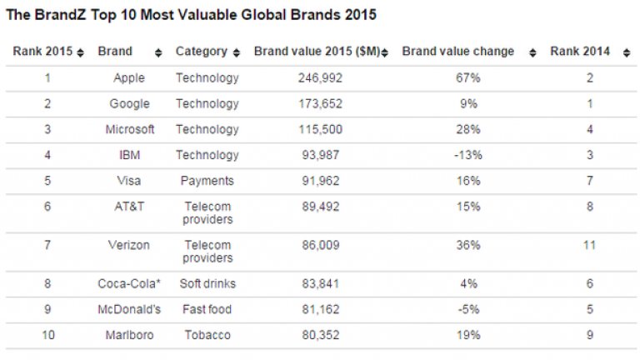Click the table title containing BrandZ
tap(191, 15)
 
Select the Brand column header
tap(115, 52)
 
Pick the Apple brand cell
tap(129, 78)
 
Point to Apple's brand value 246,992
tap(321, 78)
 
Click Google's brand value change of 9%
tap(468, 104)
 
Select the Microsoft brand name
tap(129, 130)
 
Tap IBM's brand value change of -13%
tap(468, 155)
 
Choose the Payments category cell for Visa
tap(207, 181)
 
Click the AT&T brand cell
tap(129, 207)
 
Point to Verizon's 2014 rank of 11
tap(589, 245)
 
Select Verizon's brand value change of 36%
tap(468, 245)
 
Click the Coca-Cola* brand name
tap(129, 284)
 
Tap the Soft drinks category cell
tap(207, 284)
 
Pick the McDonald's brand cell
tap(129, 309)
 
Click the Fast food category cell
tap(207, 309)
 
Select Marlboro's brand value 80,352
tap(321, 335)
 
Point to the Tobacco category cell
tap(207, 335)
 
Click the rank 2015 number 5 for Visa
tap(47, 181)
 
